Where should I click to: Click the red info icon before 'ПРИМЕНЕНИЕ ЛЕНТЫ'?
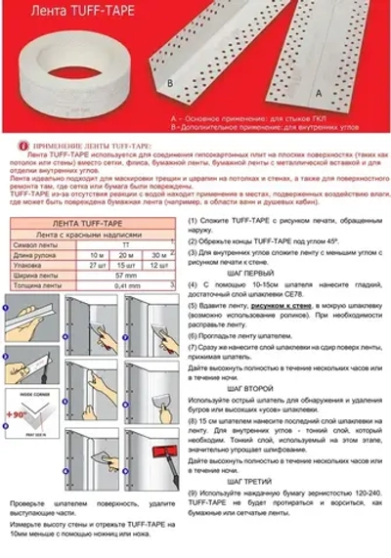12,144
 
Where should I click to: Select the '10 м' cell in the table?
97,254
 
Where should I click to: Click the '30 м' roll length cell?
158,254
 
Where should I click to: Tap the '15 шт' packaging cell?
127,265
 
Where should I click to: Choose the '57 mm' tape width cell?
127,276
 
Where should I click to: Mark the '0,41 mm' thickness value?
127,285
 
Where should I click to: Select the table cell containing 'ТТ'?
127,244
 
